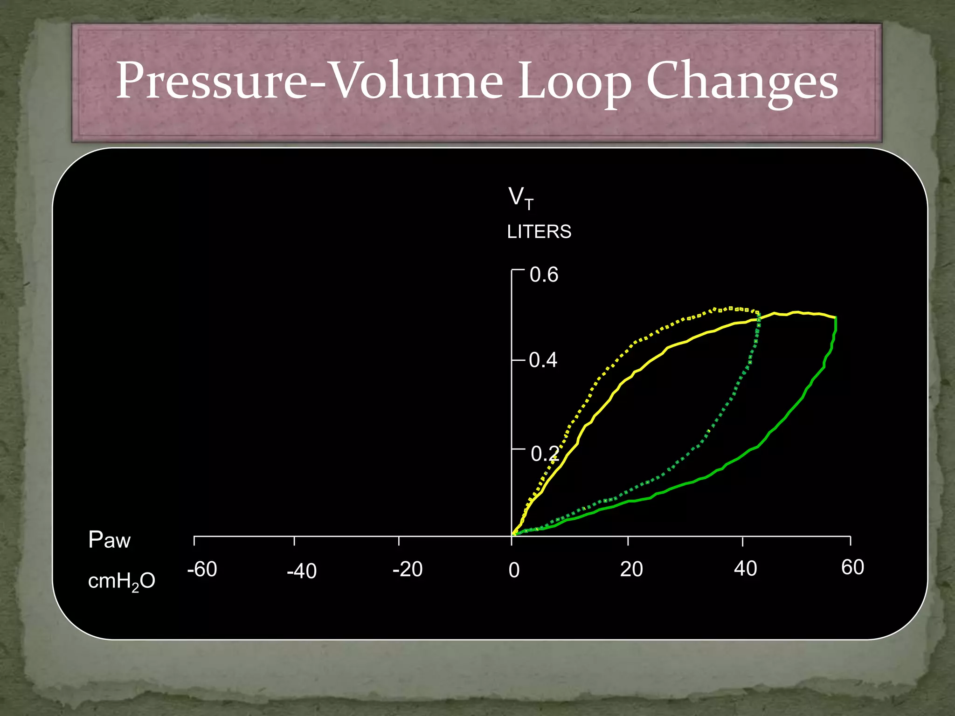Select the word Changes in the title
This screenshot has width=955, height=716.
(742, 82)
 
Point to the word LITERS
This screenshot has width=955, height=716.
(539, 232)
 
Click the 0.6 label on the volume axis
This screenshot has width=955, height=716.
(544, 275)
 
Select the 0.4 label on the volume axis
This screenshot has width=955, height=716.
(543, 360)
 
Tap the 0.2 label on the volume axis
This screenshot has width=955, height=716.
(544, 454)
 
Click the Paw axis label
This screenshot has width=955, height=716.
(110, 540)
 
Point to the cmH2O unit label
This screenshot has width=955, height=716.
(121, 581)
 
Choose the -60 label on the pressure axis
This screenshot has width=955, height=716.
(202, 569)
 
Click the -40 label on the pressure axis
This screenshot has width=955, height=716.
(302, 571)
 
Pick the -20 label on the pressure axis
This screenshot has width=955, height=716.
(408, 569)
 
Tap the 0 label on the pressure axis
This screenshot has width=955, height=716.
(514, 570)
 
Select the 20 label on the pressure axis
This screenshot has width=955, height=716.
(631, 569)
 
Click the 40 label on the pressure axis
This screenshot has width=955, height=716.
(745, 569)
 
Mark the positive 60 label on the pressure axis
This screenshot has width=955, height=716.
(852, 567)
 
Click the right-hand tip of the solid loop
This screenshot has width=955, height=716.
(836, 317)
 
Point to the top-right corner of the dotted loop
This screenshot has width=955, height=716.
(758, 312)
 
